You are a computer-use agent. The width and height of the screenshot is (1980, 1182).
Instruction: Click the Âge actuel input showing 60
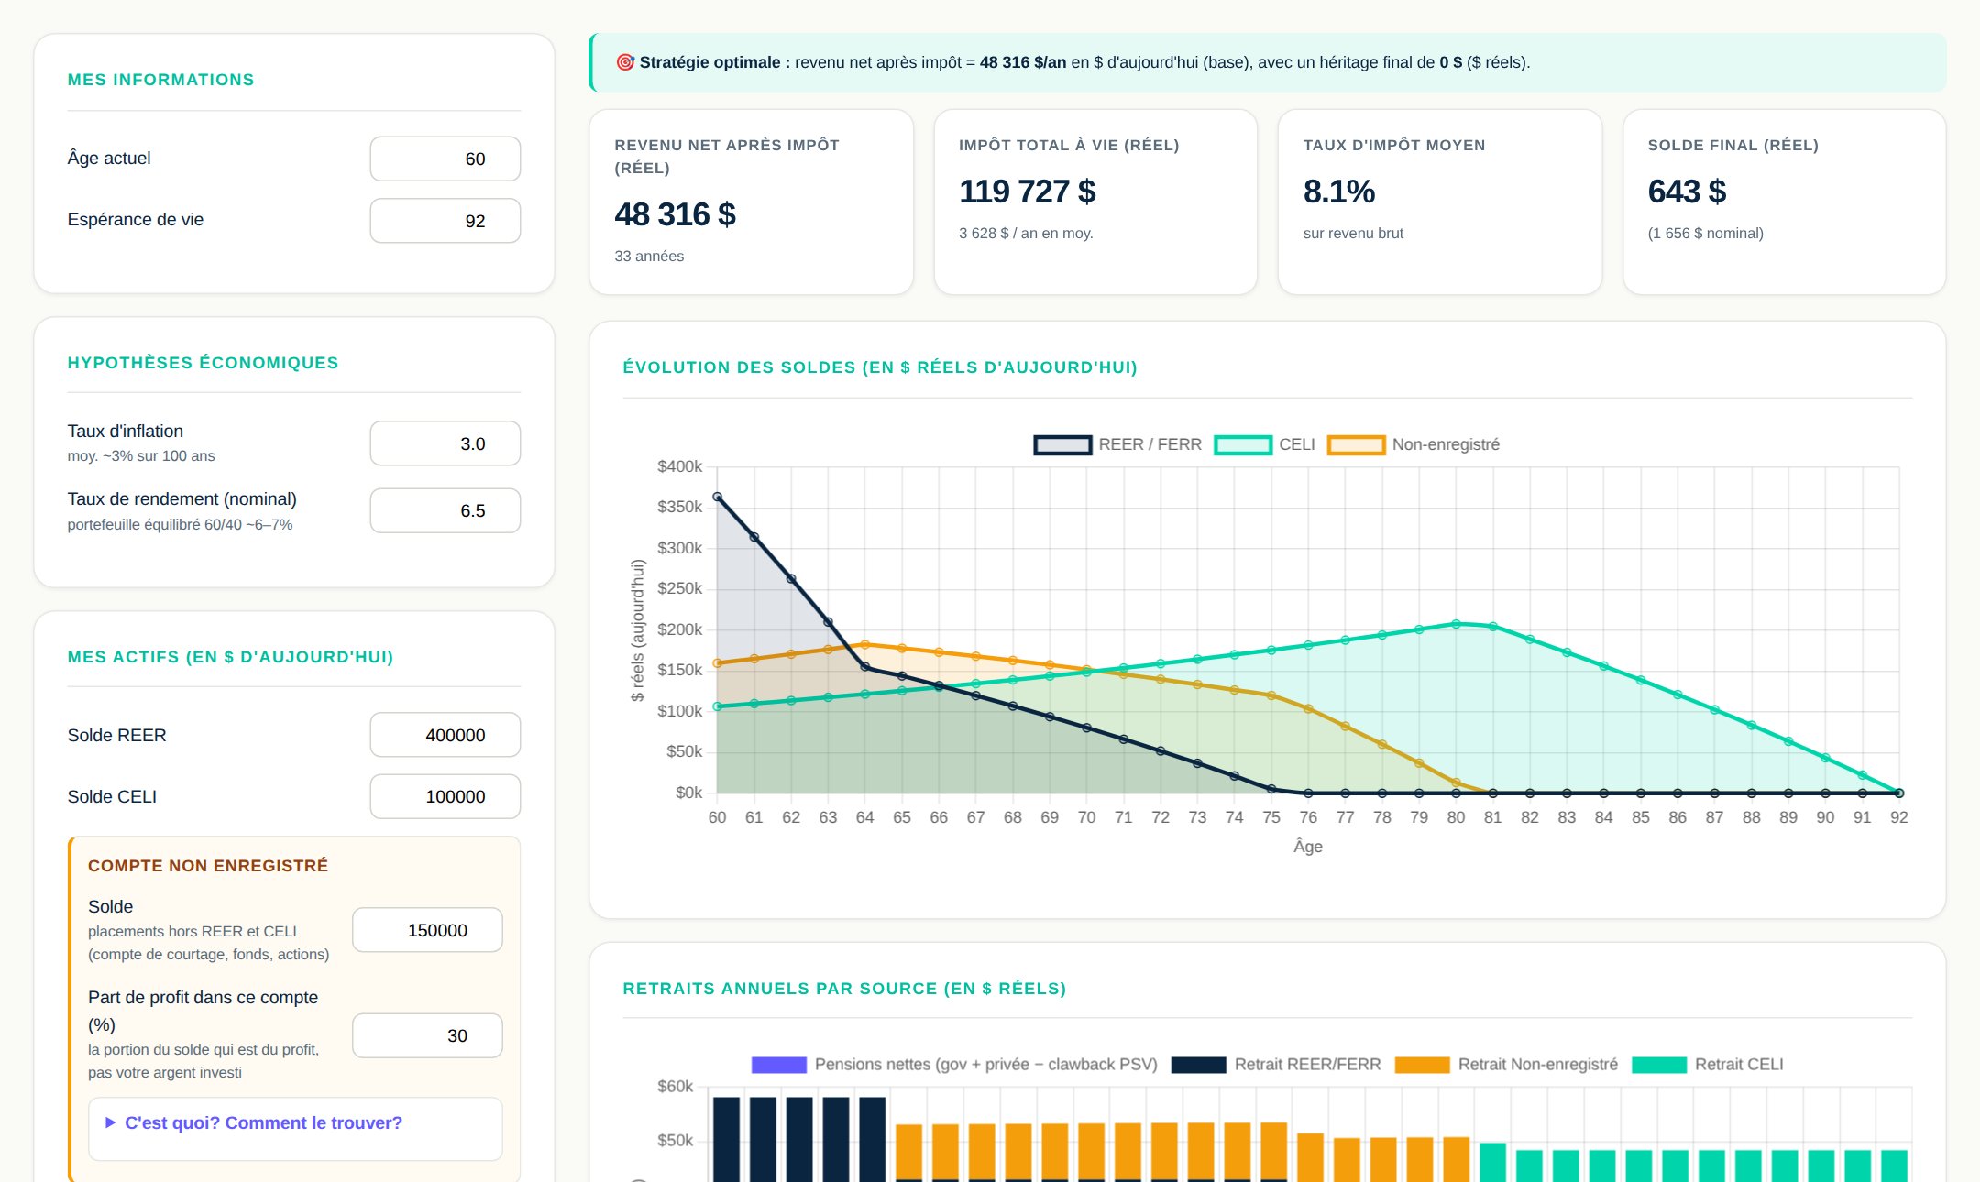[x=445, y=159]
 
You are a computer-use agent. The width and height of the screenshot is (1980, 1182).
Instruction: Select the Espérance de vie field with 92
[x=445, y=221]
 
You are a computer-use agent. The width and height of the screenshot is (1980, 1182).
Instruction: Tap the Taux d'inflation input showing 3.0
[x=445, y=443]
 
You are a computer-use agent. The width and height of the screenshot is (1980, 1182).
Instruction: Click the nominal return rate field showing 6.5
[x=445, y=510]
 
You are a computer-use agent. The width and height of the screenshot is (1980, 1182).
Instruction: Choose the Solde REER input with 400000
[x=445, y=735]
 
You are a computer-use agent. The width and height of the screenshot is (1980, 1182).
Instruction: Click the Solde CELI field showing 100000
[x=445, y=796]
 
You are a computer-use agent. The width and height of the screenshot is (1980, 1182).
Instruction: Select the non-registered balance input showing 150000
[x=427, y=930]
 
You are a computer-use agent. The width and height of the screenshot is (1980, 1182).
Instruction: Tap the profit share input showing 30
[x=427, y=1035]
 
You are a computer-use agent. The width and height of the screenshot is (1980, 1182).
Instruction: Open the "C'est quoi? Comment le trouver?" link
[x=263, y=1122]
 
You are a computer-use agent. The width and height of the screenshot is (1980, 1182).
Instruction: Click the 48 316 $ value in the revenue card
[x=676, y=214]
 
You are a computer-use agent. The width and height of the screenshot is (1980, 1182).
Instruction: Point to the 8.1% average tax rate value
[x=1339, y=192]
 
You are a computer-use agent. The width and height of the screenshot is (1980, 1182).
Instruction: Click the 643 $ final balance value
[x=1687, y=192]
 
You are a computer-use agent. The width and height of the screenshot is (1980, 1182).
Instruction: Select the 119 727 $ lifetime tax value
[x=1028, y=192]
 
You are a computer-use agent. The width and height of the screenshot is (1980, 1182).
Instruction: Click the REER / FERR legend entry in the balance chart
[x=1117, y=444]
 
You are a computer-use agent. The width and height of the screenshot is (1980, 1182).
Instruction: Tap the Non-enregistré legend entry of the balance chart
[x=1413, y=444]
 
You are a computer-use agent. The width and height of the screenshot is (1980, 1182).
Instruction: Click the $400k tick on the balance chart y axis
[x=679, y=466]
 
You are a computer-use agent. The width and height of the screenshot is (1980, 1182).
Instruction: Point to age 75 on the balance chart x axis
[x=1271, y=817]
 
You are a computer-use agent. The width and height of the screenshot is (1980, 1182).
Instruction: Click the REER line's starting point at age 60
[x=718, y=497]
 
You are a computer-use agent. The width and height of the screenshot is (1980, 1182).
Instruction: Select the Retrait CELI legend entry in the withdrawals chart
[x=1708, y=1065]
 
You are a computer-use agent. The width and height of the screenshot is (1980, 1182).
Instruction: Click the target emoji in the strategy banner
[x=625, y=62]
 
